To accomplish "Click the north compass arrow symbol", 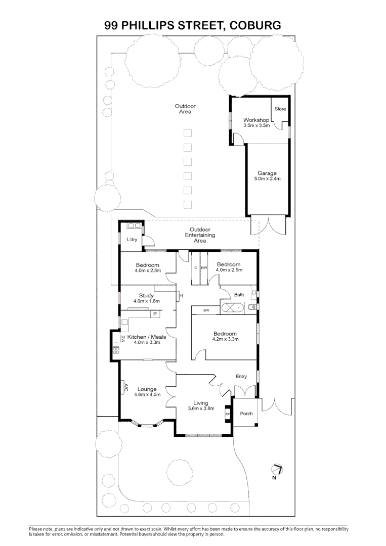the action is click(x=277, y=470).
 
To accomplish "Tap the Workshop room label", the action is click(x=256, y=120).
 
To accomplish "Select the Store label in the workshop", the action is click(x=280, y=109).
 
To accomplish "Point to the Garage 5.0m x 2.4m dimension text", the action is click(x=267, y=178).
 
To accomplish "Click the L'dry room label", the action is click(x=132, y=240).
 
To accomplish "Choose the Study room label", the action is click(x=146, y=296).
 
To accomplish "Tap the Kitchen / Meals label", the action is click(x=147, y=337).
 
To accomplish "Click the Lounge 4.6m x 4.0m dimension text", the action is click(x=147, y=394).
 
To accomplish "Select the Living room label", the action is click(x=201, y=403).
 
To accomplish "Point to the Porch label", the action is click(x=246, y=414).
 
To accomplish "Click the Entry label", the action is click(x=241, y=377).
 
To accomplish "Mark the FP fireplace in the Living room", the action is click(x=228, y=415).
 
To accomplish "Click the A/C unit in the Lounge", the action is click(x=123, y=387).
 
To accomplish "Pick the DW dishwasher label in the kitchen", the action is click(x=123, y=338).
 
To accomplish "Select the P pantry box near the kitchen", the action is click(x=155, y=314).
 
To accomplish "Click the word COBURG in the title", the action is click(x=255, y=25).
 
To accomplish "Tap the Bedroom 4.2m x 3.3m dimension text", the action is click(x=226, y=339).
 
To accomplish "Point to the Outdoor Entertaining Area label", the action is click(x=200, y=235).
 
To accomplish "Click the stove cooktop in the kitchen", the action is click(x=116, y=350).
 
